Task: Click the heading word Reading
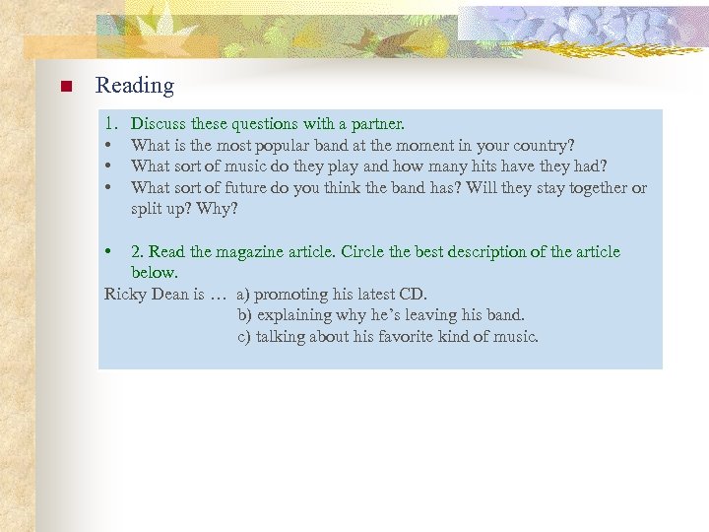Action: [x=134, y=86]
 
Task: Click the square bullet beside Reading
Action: [x=64, y=87]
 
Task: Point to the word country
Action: [x=543, y=145]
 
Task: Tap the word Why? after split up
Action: [x=217, y=209]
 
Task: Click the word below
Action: [x=154, y=272]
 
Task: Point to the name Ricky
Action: [x=125, y=294]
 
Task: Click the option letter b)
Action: [x=245, y=315]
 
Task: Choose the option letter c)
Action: [x=244, y=336]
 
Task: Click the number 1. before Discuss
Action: [x=112, y=124]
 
